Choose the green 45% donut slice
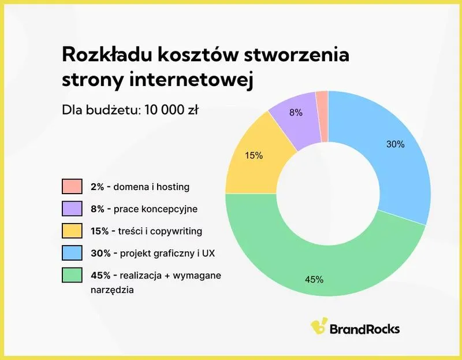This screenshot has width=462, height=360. [x=323, y=266]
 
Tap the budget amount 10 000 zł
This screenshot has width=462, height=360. [x=170, y=110]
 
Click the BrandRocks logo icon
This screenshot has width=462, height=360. [x=318, y=327]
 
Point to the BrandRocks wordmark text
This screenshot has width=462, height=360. [x=364, y=328]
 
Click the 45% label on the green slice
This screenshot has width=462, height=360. [x=314, y=280]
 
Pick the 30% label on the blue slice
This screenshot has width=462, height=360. [x=395, y=144]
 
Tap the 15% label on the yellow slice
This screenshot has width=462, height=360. [x=254, y=155]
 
